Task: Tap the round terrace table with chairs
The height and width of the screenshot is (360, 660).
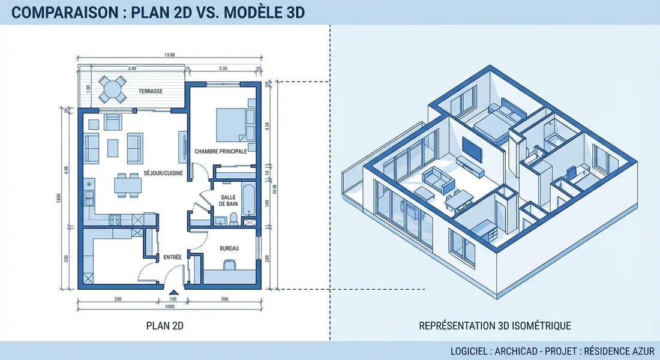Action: pos(113,89)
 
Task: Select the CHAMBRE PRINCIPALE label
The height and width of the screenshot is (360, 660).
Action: pos(221,151)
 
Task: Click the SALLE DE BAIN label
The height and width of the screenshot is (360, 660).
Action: pos(228,200)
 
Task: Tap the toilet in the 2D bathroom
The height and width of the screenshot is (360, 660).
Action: pos(233,219)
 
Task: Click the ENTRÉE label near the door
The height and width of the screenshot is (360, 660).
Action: pos(173,257)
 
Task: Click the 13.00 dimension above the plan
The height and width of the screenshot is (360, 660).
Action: pos(169,55)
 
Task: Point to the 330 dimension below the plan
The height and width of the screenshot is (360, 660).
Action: pos(118,299)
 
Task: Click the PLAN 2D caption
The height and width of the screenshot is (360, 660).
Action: pos(165,326)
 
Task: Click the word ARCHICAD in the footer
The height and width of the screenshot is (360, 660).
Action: pos(517,351)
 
